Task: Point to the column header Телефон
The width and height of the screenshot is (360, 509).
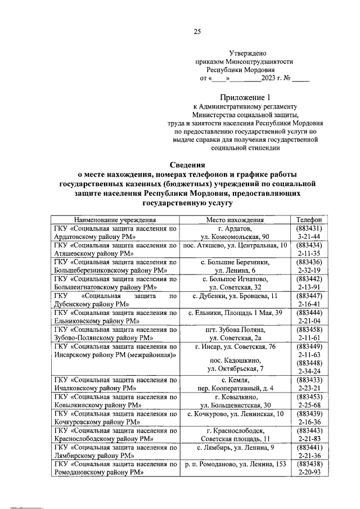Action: tap(308, 220)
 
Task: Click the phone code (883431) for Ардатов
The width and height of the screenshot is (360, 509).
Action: tap(308, 229)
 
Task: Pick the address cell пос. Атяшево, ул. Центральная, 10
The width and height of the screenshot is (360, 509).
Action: tap(235, 246)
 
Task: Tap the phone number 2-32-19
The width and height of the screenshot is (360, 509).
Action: tap(308, 271)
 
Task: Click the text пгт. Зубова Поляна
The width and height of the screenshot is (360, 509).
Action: tap(235, 328)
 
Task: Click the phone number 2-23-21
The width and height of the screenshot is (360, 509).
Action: tap(308, 388)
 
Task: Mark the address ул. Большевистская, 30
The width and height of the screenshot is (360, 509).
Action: tap(235, 404)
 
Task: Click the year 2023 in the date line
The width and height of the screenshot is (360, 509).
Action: tap(266, 79)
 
